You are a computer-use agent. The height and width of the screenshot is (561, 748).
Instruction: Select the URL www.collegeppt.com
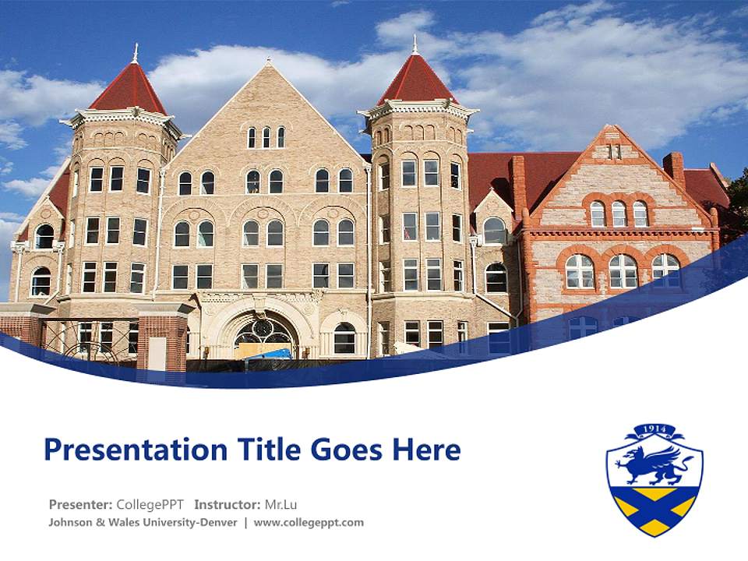click(309, 522)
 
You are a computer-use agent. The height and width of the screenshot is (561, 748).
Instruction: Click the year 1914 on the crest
click(654, 430)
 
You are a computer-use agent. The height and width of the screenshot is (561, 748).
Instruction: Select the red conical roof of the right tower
click(416, 82)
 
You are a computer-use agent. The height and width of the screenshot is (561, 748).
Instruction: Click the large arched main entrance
click(265, 331)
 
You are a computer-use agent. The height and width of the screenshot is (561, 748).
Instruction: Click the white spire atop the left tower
click(135, 53)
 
